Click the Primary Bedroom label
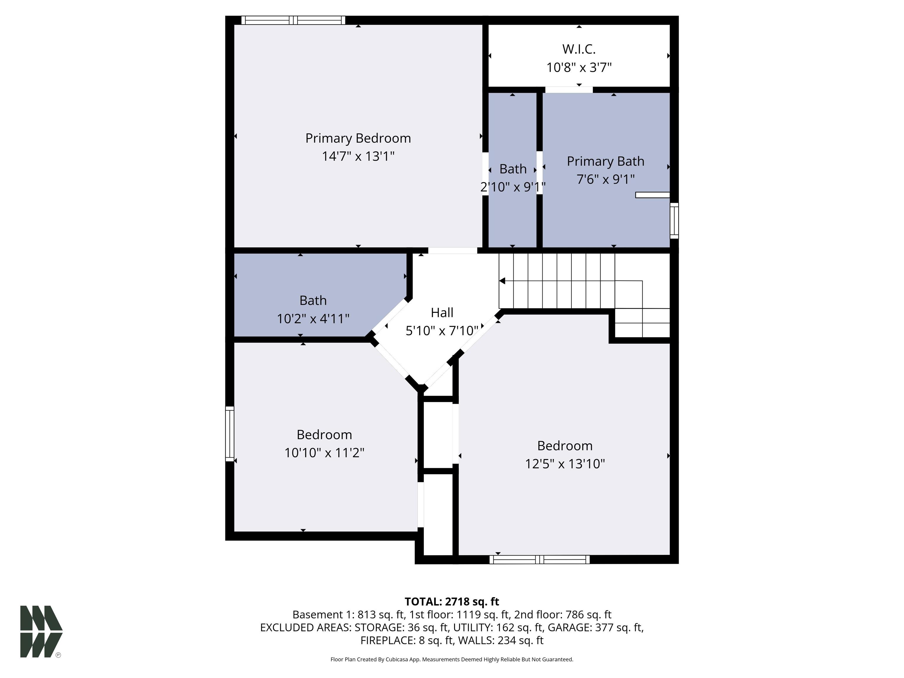click(x=358, y=138)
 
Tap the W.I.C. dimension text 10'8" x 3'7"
click(x=579, y=67)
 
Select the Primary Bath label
click(x=605, y=162)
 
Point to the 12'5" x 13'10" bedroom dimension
click(x=565, y=464)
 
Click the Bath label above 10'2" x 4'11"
click(x=313, y=300)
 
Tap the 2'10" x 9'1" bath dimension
click(x=513, y=187)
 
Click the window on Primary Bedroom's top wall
click(x=293, y=20)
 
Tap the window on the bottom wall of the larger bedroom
click(x=539, y=559)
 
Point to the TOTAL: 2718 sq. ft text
click(x=452, y=601)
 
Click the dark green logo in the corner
click(x=41, y=632)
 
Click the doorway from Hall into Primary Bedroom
click(x=452, y=250)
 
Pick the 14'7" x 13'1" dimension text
click(x=358, y=157)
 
